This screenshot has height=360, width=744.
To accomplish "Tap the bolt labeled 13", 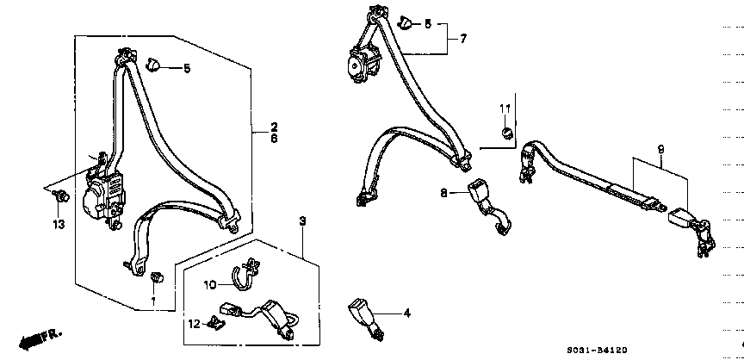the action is (x=62, y=195).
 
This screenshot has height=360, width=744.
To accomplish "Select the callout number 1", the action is (x=153, y=301).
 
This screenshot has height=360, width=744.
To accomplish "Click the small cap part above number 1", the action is (x=156, y=276).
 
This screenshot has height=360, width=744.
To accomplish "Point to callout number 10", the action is (x=210, y=284).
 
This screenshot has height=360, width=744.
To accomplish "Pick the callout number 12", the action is (x=194, y=324).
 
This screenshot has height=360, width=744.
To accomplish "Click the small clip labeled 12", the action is (x=216, y=324).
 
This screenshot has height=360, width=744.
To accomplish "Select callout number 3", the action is (x=303, y=220).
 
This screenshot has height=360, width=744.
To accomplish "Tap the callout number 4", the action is (x=406, y=313).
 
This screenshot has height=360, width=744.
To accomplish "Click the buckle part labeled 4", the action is (x=366, y=319).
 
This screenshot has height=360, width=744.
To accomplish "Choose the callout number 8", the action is (x=443, y=193).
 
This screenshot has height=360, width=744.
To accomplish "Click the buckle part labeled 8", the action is (x=487, y=208).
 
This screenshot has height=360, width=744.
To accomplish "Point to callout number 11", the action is (x=505, y=109).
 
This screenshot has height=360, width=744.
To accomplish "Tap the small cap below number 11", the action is (x=506, y=133).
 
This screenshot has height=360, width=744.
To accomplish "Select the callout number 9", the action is (x=660, y=149).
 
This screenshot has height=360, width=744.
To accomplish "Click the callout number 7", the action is (x=463, y=39).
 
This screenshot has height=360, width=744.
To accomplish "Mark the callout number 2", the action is (x=274, y=127).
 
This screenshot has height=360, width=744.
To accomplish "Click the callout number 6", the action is (x=274, y=139).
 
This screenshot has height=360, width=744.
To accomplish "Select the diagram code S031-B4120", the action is (x=597, y=350).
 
